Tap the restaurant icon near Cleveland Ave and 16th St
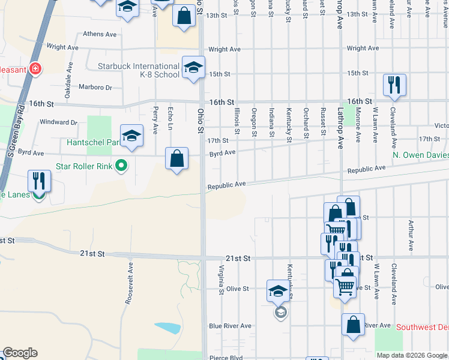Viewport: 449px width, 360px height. pos(394,85)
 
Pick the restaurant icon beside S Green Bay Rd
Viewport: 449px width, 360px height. pos(39,181)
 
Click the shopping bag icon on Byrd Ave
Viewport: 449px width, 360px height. pos(177,160)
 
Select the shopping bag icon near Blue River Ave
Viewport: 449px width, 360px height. pos(353,325)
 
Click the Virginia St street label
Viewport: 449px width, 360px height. pos(221,280)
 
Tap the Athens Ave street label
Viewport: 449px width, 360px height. pos(100,34)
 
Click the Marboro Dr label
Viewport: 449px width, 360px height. pos(96,87)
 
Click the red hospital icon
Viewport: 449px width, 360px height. pos(36,69)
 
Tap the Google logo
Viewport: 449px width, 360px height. pos(20,353)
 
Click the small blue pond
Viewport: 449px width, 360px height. pos(167,328)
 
